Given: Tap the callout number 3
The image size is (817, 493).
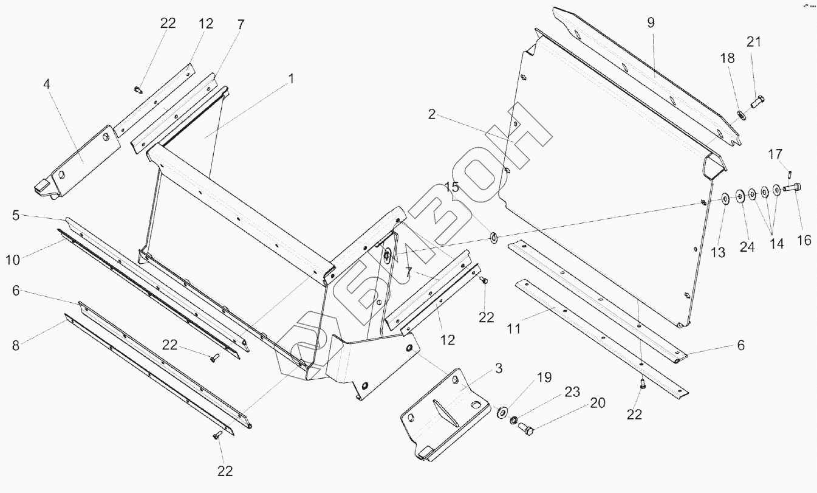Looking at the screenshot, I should click(498, 368).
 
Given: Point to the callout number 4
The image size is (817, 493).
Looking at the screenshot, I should click(47, 83).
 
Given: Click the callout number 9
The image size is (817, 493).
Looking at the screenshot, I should click(651, 23).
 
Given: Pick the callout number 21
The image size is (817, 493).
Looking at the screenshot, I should click(754, 42).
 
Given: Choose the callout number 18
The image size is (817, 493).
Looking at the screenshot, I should click(728, 58).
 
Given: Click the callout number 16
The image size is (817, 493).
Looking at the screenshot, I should click(804, 240).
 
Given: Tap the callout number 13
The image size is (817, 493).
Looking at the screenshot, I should click(718, 252).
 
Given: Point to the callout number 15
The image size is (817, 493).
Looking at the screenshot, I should click(451, 187).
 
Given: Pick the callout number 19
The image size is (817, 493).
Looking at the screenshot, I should click(544, 378).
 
